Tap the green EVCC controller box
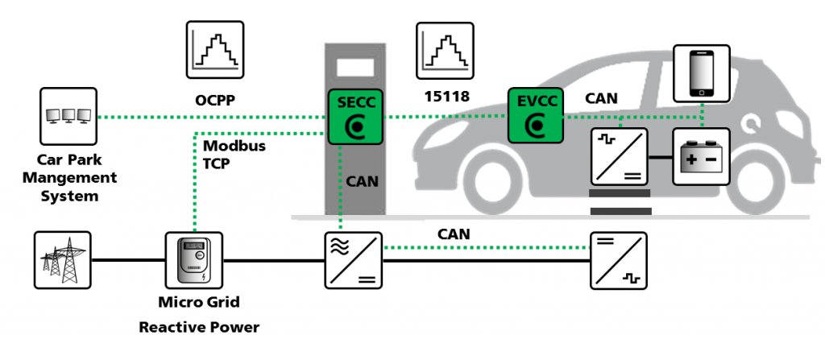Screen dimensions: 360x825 533,115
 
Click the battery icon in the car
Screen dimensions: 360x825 701,156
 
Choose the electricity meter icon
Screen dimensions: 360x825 193,260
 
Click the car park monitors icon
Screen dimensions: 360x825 68,115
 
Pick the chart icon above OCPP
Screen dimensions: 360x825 215,50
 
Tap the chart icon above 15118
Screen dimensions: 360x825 444,50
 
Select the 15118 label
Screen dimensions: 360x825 443,101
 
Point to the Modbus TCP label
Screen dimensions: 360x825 234,155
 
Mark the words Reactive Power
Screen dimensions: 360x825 199,328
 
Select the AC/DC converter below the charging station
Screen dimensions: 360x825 353,260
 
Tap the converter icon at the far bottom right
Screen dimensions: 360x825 618,260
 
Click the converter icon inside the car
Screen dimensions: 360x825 618,156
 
